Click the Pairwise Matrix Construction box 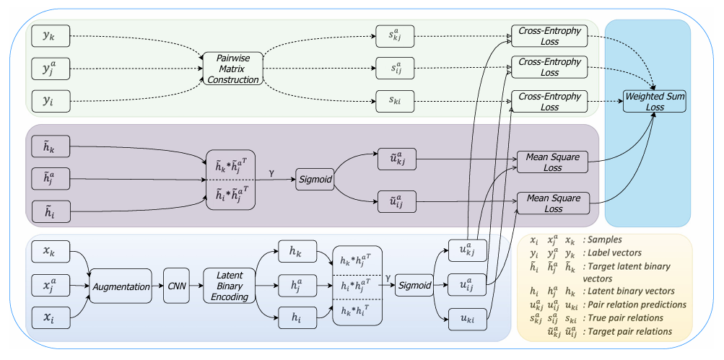pos(231,68)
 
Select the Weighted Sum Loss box pos(655,101)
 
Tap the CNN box pos(177,286)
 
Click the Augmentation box pos(121,286)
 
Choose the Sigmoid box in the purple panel pos(315,180)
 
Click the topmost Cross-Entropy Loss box pos(550,35)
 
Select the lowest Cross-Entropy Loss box pos(550,101)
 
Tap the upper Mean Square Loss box pos(554,163)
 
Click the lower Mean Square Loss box pos(554,203)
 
